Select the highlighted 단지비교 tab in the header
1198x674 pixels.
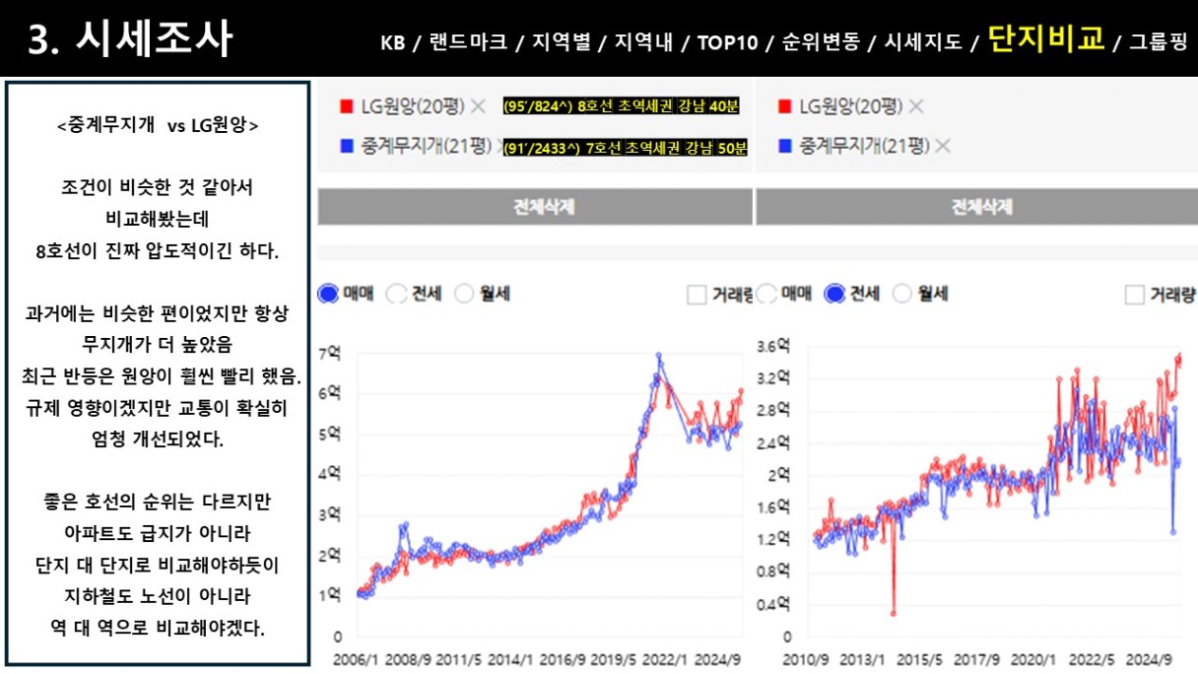click(1045, 41)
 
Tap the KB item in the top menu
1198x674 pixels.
click(391, 42)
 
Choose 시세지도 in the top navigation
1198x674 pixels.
click(923, 42)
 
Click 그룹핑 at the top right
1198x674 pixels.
click(1159, 42)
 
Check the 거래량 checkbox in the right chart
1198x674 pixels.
click(1135, 294)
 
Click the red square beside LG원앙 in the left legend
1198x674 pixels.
click(346, 106)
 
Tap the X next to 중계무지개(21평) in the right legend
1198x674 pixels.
click(943, 147)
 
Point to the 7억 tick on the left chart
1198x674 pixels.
click(330, 352)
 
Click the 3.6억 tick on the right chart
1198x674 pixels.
click(772, 346)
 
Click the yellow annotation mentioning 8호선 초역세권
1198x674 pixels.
click(625, 106)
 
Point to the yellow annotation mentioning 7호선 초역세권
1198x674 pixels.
click(625, 149)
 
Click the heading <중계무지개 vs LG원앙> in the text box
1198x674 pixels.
click(158, 126)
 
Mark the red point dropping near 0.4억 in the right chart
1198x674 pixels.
click(894, 613)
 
